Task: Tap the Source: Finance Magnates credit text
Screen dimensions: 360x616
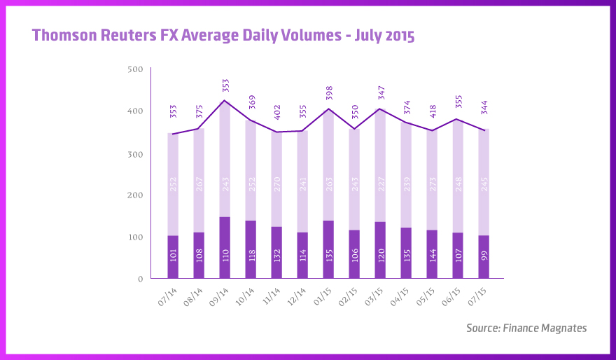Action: [x=526, y=328]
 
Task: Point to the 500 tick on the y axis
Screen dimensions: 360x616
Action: [x=136, y=69]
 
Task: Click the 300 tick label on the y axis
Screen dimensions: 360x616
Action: [x=136, y=153]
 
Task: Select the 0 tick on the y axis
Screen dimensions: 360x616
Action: [x=140, y=279]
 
